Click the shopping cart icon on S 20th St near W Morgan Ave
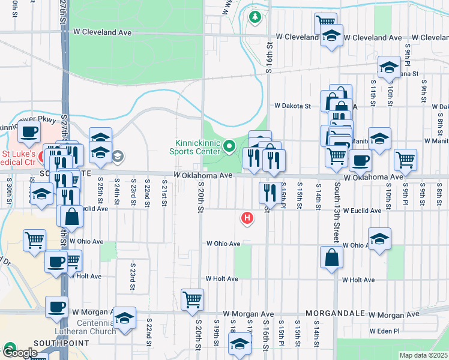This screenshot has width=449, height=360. pyautogui.click(x=192, y=299)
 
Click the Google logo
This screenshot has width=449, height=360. pyautogui.click(x=20, y=353)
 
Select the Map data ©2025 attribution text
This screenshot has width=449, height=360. pyautogui.click(x=423, y=355)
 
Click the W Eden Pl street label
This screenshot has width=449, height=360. pyautogui.click(x=383, y=331)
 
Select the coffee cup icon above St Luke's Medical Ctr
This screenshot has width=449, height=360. pyautogui.click(x=28, y=133)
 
